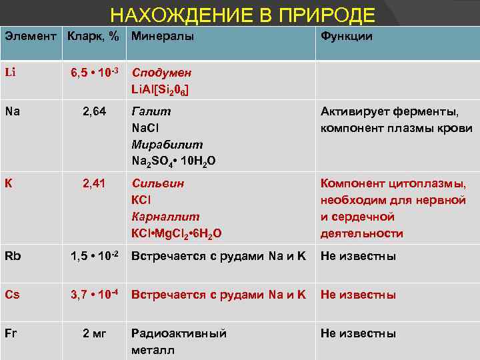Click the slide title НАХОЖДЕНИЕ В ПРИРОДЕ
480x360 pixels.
click(x=243, y=15)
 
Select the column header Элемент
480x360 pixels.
click(x=31, y=37)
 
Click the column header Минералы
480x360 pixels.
click(x=163, y=37)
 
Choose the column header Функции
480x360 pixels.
click(x=347, y=37)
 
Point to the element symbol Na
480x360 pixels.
click(x=12, y=111)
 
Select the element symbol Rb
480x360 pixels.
click(x=13, y=256)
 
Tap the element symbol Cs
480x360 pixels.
click(x=12, y=295)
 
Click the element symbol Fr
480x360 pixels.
click(x=11, y=333)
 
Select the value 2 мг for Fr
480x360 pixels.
click(x=93, y=333)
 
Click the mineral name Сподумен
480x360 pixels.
click(x=162, y=73)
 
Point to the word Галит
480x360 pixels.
click(x=151, y=111)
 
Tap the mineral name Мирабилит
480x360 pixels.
click(x=167, y=145)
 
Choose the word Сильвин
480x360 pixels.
click(x=158, y=183)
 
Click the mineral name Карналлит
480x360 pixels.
click(x=165, y=217)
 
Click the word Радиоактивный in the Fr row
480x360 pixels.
click(x=179, y=333)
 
